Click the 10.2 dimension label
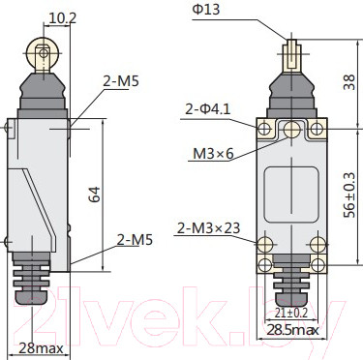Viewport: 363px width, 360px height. pyautogui.click(x=62, y=18)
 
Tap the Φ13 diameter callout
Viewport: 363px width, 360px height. pyautogui.click(x=206, y=10)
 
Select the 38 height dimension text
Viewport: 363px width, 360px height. pyautogui.click(x=348, y=82)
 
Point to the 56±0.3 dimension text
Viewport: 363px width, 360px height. pyautogui.click(x=349, y=195)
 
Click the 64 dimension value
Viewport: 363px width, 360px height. pyautogui.click(x=95, y=195)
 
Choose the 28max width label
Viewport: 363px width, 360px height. pyautogui.click(x=41, y=348)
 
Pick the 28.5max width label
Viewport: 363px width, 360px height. pyautogui.click(x=292, y=330)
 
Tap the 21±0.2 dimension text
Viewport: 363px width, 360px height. pyautogui.click(x=291, y=313)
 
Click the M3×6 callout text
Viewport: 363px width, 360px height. pyautogui.click(x=213, y=154)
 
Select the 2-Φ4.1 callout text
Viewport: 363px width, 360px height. pyautogui.click(x=208, y=109)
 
